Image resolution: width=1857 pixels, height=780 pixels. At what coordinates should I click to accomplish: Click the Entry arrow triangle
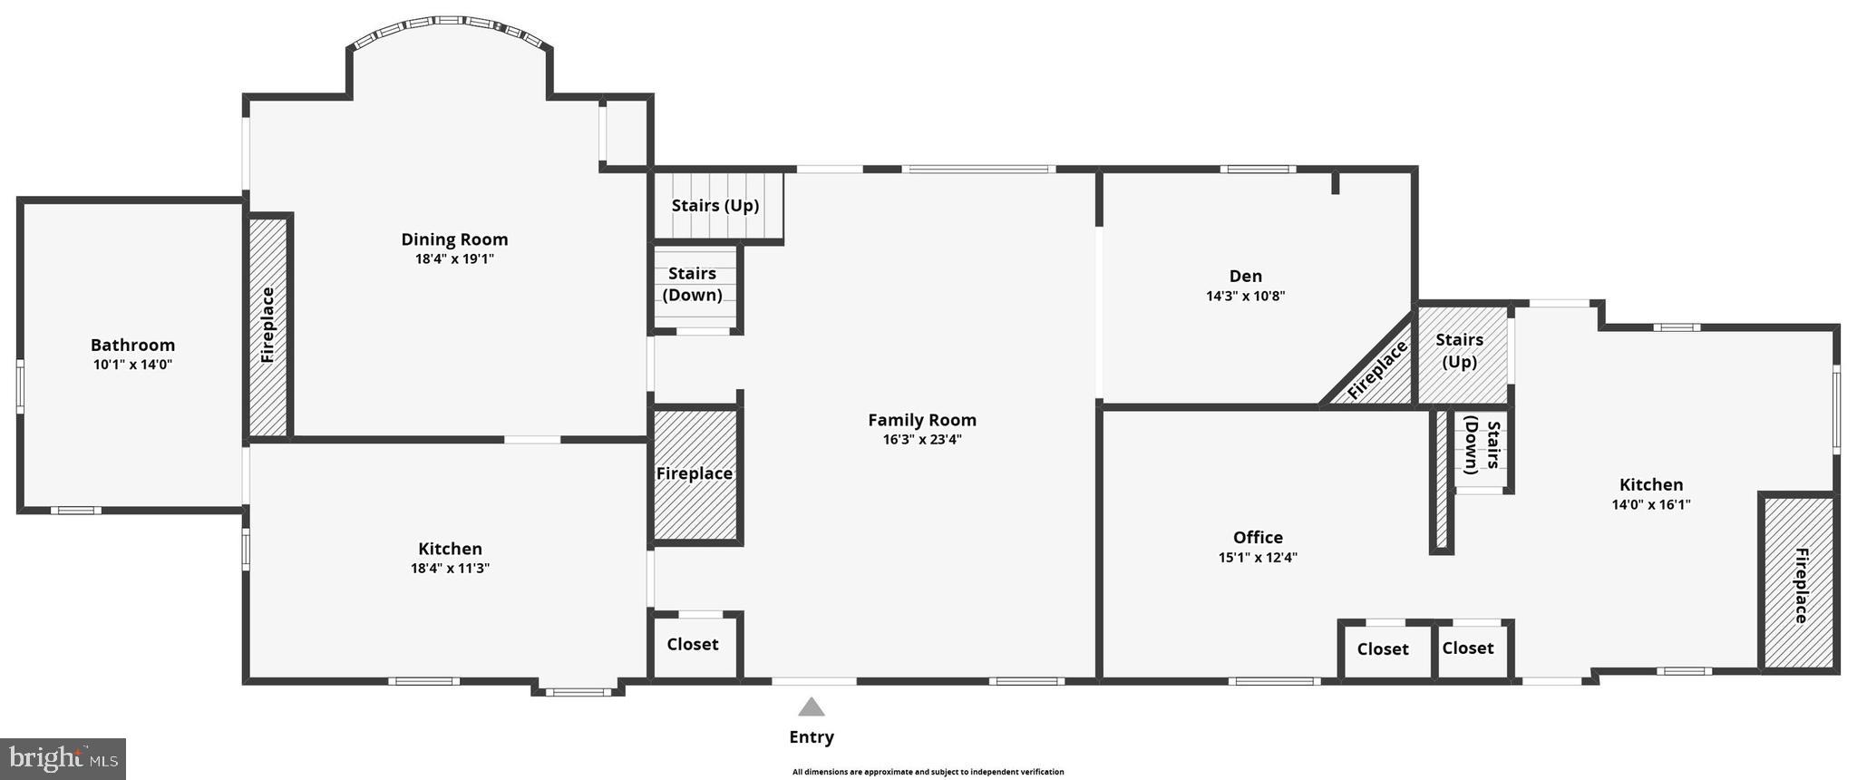812,707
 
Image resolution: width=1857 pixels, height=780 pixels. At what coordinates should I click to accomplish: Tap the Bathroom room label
132,345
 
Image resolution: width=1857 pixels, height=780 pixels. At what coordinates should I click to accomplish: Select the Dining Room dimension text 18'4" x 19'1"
454,259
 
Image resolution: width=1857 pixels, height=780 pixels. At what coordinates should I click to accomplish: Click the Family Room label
922,420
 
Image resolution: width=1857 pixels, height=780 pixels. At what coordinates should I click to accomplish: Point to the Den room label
1245,276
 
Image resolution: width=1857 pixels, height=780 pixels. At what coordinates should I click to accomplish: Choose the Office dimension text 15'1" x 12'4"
1258,558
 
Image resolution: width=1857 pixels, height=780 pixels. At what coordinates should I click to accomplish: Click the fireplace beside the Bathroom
268,326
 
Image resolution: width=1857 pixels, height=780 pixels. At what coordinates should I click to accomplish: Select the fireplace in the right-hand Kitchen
1799,584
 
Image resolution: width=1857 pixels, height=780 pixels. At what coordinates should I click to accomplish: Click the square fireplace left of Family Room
695,473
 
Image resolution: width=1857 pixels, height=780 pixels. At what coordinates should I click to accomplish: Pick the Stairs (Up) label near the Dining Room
715,206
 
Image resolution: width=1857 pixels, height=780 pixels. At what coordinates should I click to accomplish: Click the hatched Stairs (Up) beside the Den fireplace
1460,351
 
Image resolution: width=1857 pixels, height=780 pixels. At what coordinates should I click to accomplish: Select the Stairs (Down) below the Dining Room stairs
693,285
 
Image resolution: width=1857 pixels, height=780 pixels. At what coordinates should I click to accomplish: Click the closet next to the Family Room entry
693,645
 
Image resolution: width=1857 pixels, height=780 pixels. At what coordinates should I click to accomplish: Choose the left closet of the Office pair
1383,649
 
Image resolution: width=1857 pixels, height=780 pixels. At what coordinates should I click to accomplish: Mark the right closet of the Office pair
1468,648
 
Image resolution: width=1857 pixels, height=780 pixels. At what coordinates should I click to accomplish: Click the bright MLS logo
63,758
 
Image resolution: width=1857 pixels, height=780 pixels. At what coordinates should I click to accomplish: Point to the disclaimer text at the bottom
928,772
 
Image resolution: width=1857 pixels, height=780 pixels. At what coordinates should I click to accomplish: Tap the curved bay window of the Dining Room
450,27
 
